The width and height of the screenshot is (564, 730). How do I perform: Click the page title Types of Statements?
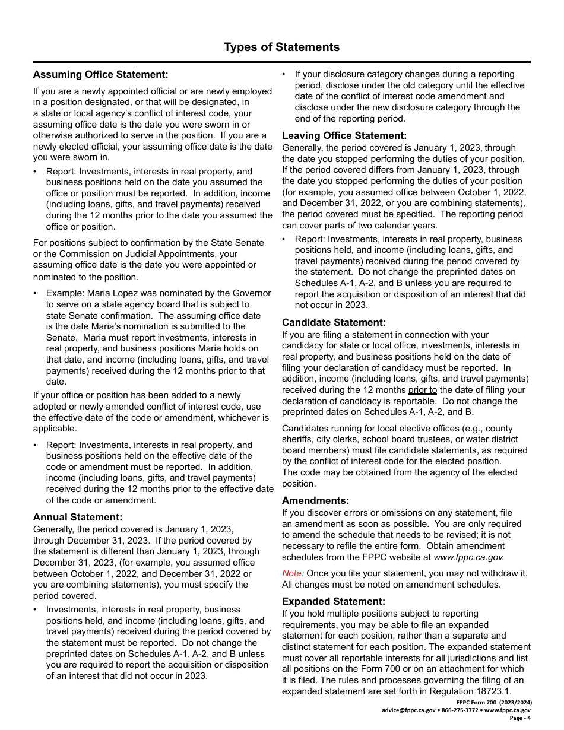[281, 47]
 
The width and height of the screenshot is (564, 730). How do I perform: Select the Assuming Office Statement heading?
[100, 74]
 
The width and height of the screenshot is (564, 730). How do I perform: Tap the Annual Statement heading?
[78, 517]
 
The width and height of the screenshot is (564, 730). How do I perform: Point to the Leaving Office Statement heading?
[344, 135]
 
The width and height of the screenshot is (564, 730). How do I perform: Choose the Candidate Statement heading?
[334, 322]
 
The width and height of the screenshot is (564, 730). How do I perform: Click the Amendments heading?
[315, 500]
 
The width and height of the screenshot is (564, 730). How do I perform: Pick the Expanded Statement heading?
[333, 601]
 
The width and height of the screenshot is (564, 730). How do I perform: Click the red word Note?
[293, 573]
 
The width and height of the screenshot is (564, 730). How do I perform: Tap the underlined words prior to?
[423, 390]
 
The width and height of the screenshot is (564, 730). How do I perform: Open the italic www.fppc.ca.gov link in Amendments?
[469, 557]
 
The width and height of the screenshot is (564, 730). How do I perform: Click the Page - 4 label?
[520, 718]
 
